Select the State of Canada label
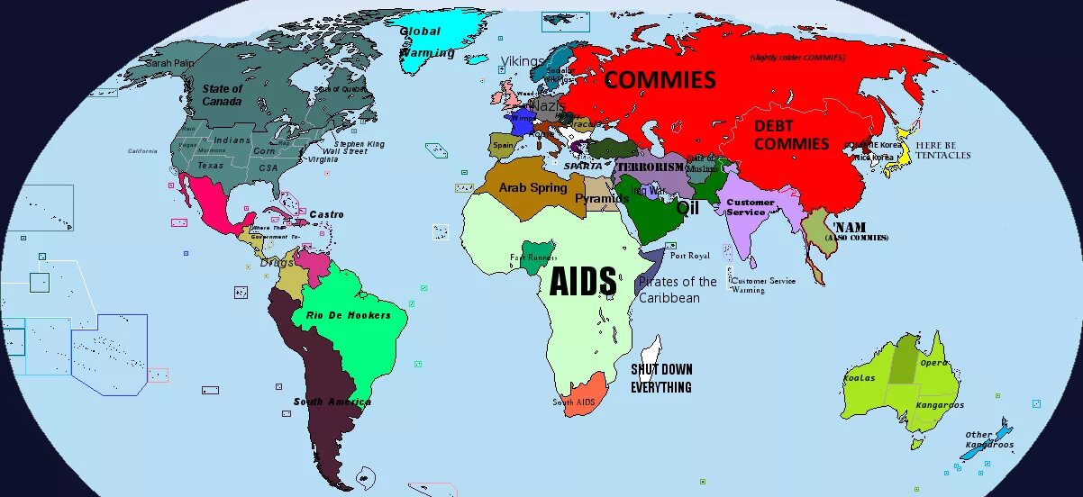222,95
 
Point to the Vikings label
522,61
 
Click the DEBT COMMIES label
791,135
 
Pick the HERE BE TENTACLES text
942,150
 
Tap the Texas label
210,166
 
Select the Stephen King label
359,144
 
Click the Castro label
326,214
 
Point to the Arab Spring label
533,188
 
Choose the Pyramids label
602,198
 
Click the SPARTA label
583,167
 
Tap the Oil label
688,207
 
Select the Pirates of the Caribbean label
677,289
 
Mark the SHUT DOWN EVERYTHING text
660,378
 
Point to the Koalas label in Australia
860,378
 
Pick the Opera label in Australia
933,363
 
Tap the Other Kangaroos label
988,440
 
